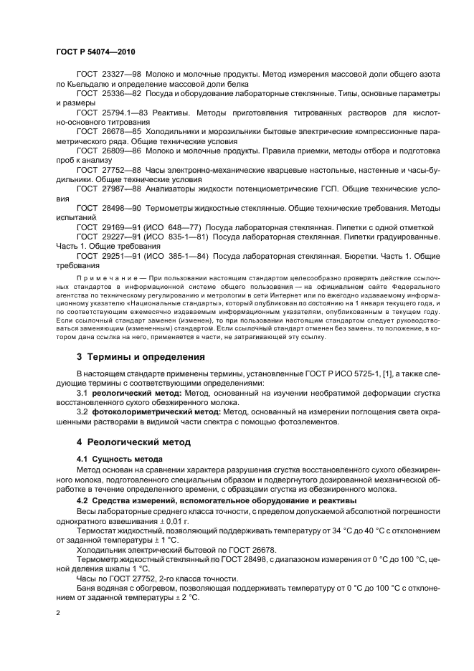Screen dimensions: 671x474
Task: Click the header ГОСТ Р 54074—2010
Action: pyautogui.click(x=95, y=54)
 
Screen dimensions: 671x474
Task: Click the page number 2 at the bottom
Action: pyautogui.click(x=58, y=614)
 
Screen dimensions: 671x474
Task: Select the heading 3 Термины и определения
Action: pyautogui.click(x=141, y=356)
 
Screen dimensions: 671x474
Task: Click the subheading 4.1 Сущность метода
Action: pyautogui.click(x=119, y=457)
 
